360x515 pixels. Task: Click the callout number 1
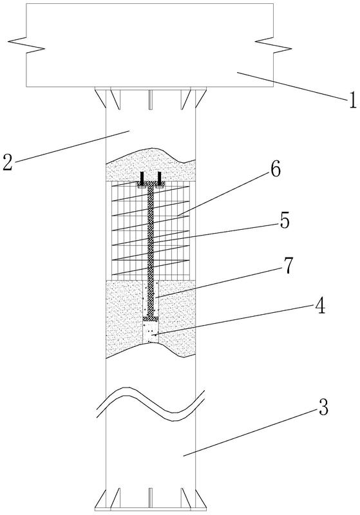(x=352, y=101)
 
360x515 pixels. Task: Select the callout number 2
(x=8, y=162)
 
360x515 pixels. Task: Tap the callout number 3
(x=323, y=407)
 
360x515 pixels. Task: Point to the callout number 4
(x=319, y=307)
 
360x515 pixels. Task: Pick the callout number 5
(x=285, y=221)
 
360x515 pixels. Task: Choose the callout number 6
(x=275, y=170)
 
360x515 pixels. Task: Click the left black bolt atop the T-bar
(x=142, y=178)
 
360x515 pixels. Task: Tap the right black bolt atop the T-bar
(x=158, y=178)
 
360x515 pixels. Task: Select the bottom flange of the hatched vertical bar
(x=151, y=319)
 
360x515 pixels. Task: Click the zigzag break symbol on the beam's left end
(x=26, y=46)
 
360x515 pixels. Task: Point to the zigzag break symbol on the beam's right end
(x=273, y=46)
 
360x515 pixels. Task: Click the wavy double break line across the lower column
(x=151, y=404)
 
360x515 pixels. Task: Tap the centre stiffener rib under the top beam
(x=151, y=100)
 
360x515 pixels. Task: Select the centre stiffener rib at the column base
(x=151, y=498)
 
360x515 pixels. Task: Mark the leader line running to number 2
(x=71, y=146)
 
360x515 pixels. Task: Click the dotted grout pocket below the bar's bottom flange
(x=151, y=332)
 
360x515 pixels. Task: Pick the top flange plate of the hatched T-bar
(x=151, y=184)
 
